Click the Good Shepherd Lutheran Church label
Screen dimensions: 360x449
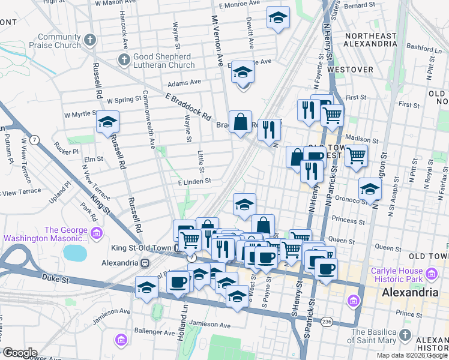[x=164, y=61]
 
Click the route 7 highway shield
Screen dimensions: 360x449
[x=36, y=140]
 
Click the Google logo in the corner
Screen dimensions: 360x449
[x=20, y=352]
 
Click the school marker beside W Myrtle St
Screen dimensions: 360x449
[x=107, y=122]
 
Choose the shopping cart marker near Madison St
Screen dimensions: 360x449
[x=332, y=114]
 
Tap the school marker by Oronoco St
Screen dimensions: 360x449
[x=370, y=189]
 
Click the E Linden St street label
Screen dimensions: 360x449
[x=194, y=181]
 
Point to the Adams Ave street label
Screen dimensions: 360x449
[x=184, y=83]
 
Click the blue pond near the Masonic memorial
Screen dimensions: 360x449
[x=75, y=252]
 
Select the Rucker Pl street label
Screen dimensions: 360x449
[x=66, y=152]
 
